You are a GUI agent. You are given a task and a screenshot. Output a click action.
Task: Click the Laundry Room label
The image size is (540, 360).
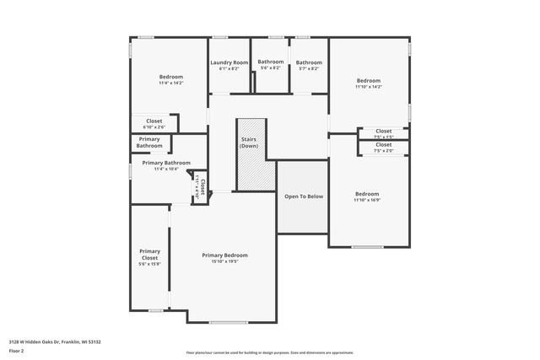pos(229,62)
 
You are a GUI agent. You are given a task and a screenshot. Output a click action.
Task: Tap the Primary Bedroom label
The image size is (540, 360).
pos(224,255)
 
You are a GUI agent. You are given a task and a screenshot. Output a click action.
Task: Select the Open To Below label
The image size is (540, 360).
pos(303,196)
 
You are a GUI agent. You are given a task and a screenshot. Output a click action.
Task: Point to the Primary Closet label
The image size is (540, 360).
pos(149,254)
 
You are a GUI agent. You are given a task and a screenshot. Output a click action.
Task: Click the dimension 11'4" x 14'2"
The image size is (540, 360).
pos(170,83)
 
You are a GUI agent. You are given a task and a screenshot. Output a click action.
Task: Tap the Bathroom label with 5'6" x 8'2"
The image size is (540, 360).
pos(271,62)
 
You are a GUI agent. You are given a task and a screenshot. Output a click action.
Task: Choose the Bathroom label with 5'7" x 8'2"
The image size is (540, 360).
pos(309,62)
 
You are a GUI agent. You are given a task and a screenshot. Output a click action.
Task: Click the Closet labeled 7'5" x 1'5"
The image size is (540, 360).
pos(384,132)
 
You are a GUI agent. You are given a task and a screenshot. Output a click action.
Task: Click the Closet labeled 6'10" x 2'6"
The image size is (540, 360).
pos(154,121)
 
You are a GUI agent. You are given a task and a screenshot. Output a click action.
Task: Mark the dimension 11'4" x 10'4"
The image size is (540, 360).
pos(165,169)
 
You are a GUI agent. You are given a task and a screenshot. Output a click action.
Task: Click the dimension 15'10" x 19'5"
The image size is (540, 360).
pos(224,261)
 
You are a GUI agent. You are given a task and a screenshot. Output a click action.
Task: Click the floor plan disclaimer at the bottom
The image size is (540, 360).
pos(269,352)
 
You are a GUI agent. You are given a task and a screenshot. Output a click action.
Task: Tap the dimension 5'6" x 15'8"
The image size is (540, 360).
pos(149,264)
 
